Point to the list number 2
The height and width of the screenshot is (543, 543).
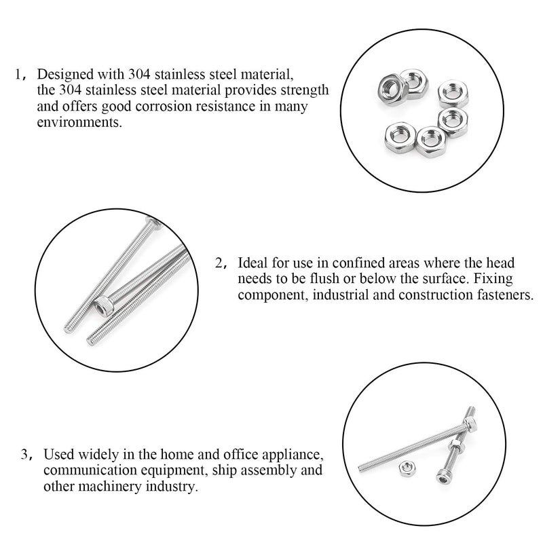point(219,263)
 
